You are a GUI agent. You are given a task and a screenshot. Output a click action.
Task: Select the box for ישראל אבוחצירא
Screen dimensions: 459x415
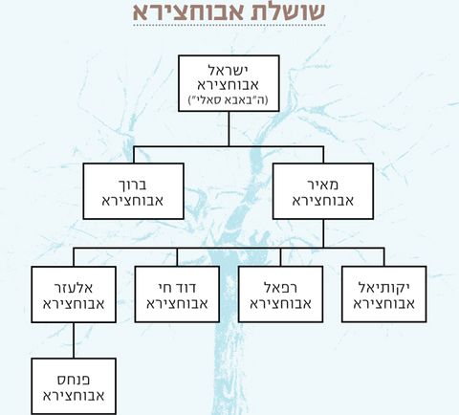coord(229,83)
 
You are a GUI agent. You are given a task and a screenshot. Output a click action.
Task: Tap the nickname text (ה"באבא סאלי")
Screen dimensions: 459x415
coord(229,100)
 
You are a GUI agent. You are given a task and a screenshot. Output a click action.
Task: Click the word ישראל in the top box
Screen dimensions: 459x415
coord(229,70)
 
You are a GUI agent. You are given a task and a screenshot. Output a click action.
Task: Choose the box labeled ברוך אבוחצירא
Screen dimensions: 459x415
coord(134,191)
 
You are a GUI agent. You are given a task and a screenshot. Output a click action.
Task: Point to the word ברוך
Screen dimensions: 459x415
coord(133,185)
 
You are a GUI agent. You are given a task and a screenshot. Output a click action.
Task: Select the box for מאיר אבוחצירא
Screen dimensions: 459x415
coord(323,191)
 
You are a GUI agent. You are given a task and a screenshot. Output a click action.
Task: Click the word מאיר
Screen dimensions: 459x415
coord(323,185)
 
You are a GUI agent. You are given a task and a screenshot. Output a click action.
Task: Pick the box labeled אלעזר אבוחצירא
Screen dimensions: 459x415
coord(74,295)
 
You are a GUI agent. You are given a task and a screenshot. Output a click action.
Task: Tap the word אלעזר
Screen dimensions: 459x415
coord(74,288)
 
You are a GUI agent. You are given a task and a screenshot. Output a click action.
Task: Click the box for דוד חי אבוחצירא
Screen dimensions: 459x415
coord(177,295)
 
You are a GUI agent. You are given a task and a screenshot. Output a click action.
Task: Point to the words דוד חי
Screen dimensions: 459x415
coord(177,288)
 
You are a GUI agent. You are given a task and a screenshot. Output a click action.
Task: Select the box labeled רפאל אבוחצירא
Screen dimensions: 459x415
coord(280,295)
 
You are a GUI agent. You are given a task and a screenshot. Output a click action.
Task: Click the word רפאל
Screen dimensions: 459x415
coord(281,288)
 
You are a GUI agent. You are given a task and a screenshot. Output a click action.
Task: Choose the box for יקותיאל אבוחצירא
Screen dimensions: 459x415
coord(383,295)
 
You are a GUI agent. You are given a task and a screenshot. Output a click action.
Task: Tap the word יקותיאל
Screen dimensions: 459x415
coord(383,288)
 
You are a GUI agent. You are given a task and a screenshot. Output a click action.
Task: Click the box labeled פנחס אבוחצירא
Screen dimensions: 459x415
coord(74,386)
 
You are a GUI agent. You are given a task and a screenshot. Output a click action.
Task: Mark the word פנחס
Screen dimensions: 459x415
coord(74,380)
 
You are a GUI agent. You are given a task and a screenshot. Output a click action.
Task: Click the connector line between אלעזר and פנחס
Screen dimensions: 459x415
coord(74,340)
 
